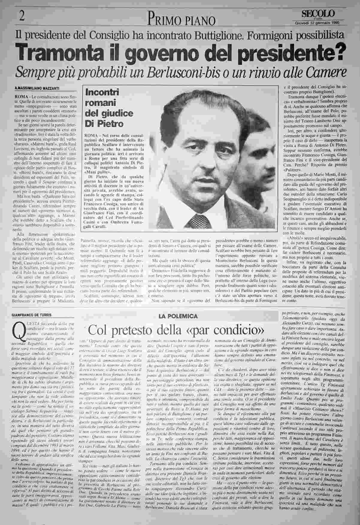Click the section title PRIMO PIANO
click(182, 20)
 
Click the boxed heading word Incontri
click(102, 92)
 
